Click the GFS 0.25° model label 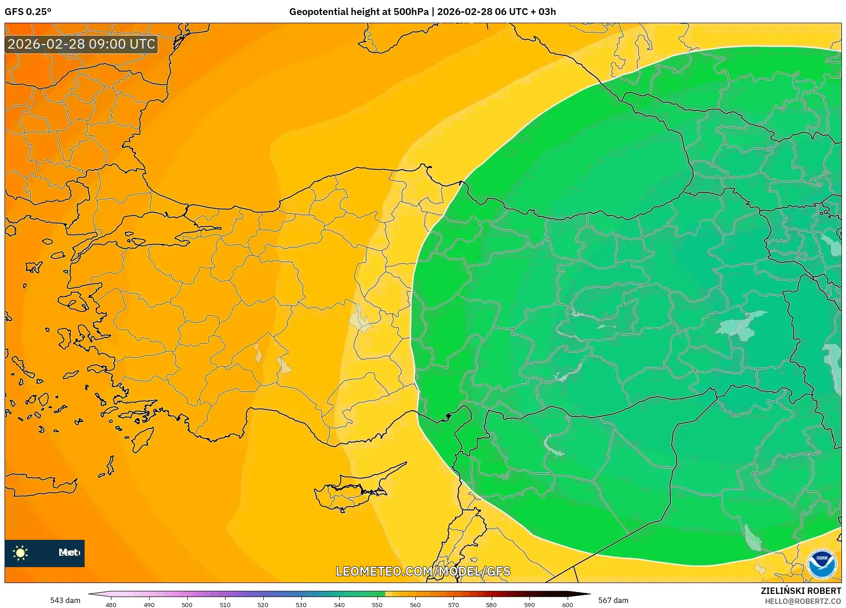[x=28, y=12]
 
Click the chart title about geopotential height [x=422, y=12]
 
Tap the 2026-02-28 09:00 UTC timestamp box [x=81, y=44]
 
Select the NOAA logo [x=821, y=564]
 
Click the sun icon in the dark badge [x=20, y=553]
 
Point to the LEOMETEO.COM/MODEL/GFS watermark [x=423, y=571]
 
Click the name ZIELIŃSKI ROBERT [x=801, y=591]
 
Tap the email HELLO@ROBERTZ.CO [x=802, y=601]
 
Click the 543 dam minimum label [x=65, y=600]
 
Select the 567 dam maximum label [x=613, y=600]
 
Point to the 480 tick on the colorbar [x=111, y=604]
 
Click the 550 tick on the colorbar [x=377, y=604]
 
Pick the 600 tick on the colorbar [x=567, y=604]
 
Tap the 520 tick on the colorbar [x=263, y=604]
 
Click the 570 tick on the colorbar [x=453, y=604]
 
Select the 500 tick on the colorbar [x=187, y=604]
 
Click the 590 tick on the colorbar [x=529, y=604]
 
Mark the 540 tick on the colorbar [x=339, y=604]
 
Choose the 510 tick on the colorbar [x=225, y=604]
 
